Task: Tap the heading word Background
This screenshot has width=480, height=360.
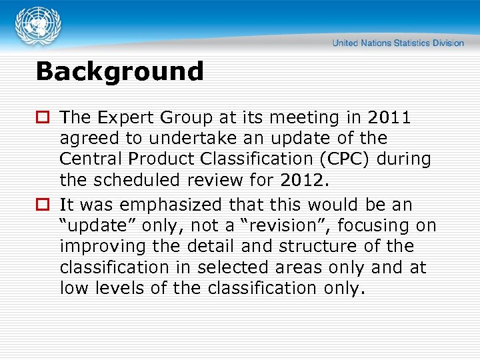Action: [119, 71]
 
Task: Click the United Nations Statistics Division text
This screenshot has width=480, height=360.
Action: [398, 43]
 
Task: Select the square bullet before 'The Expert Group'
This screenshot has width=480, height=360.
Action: [44, 118]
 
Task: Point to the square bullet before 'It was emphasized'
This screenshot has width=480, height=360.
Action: [44, 205]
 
